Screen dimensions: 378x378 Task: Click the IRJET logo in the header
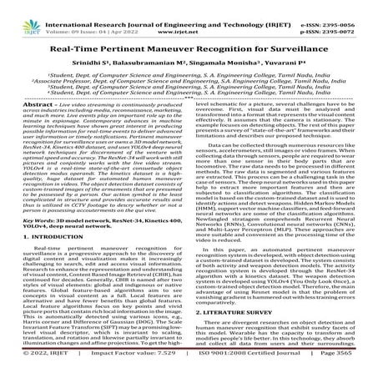[x=21, y=13]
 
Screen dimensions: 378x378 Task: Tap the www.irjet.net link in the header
[x=187, y=16]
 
